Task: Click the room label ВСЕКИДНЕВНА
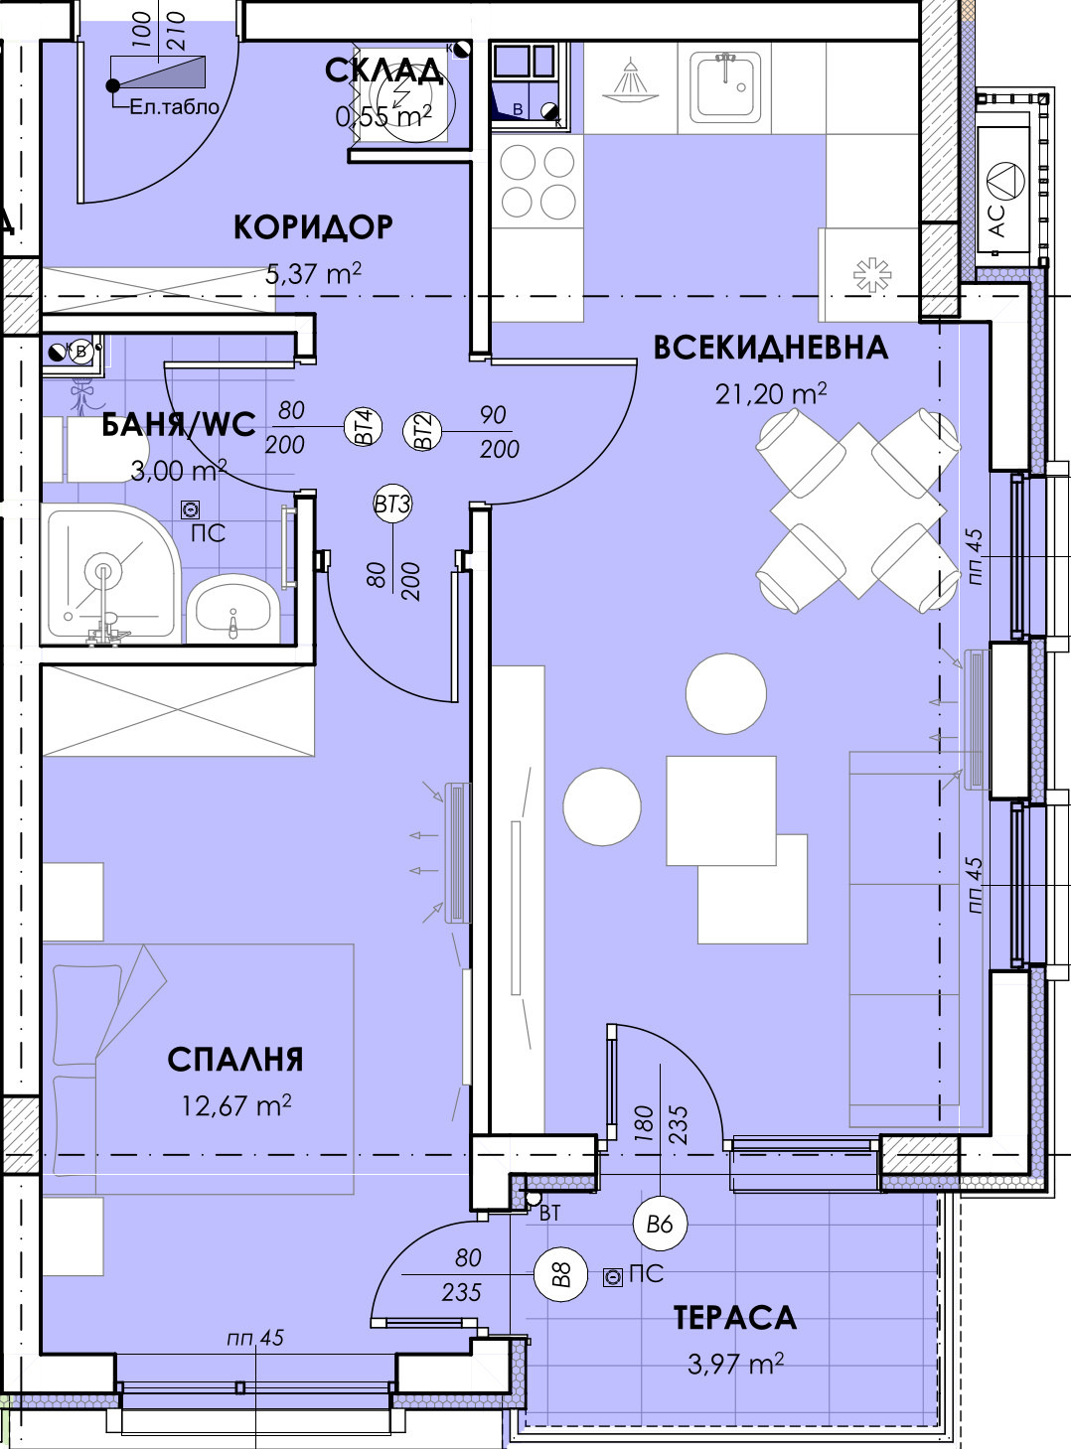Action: (770, 348)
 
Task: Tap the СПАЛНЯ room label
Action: (235, 1060)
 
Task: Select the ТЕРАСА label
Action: (735, 1318)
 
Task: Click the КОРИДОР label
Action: (313, 227)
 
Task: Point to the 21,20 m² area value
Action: (770, 394)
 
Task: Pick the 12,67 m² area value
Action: (235, 1105)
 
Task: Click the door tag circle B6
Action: (660, 1224)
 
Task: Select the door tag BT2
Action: (423, 432)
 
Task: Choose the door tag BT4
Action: (364, 427)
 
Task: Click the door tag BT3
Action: (392, 505)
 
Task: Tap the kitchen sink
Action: (727, 87)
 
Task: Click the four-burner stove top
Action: (537, 182)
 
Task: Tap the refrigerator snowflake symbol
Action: (872, 275)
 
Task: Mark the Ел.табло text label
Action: (174, 107)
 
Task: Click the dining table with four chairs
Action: (857, 511)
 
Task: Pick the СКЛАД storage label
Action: (383, 72)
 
